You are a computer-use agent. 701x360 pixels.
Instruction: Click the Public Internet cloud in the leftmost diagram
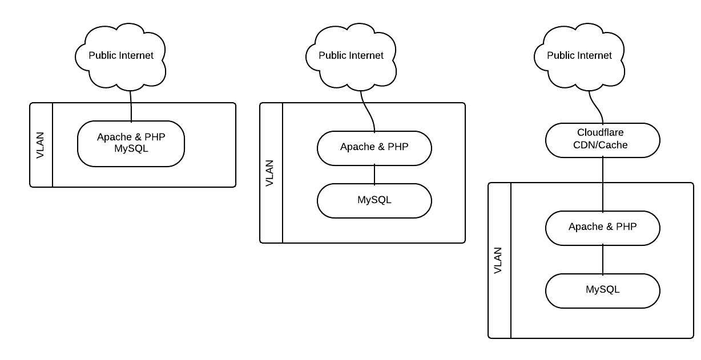[x=120, y=55]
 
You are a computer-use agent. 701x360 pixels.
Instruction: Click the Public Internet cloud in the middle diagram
[x=350, y=55]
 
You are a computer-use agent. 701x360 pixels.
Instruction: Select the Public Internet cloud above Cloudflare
[x=579, y=55]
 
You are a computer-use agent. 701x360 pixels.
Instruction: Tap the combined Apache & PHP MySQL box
[x=131, y=143]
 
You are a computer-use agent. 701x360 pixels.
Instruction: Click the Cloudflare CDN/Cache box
[x=603, y=140]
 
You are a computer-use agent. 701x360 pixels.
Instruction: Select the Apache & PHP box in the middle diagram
[x=374, y=147]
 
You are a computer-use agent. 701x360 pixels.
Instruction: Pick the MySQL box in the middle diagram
[x=374, y=200]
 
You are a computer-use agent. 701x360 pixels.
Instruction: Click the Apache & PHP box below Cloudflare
[x=603, y=227]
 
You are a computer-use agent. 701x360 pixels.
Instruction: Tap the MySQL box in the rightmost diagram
[x=603, y=290]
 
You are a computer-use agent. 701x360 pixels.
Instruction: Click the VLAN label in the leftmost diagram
[x=41, y=144]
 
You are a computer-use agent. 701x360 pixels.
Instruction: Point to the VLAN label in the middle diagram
[x=270, y=173]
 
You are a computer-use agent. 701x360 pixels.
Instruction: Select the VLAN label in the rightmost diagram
[x=498, y=260]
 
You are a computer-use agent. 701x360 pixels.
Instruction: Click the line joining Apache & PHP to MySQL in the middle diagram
[x=374, y=174]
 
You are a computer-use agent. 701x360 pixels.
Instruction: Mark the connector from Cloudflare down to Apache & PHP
[x=603, y=183]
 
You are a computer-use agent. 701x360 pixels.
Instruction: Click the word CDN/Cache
[x=601, y=145]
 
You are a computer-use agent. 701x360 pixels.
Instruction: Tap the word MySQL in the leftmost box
[x=131, y=148]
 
